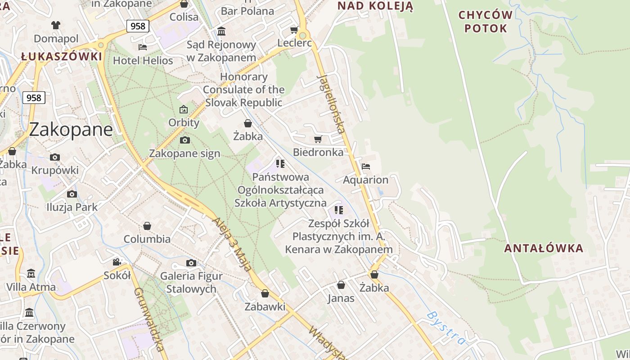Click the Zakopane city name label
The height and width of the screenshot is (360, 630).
71,130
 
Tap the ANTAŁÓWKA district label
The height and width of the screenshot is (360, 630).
543,248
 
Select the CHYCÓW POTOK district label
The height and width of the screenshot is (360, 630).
486,22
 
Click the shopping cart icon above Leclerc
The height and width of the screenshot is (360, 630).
294,30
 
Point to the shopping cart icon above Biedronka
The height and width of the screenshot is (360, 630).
318,139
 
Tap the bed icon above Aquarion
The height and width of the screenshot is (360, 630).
365,166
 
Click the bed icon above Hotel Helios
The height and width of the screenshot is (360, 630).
143,47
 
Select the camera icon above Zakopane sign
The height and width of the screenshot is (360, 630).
184,140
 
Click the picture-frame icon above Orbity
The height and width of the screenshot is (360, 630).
184,109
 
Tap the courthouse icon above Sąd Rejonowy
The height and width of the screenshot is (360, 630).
221,31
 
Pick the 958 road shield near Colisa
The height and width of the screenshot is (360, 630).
138,26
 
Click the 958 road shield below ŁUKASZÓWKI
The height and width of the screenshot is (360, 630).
34,98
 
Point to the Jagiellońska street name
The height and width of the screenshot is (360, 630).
332,103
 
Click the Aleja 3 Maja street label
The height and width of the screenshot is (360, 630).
232,244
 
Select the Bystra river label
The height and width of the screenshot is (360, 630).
445,327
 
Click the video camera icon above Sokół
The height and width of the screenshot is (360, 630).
117,262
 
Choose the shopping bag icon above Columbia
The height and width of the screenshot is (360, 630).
147,225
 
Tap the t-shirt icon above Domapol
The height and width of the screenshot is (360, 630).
56,25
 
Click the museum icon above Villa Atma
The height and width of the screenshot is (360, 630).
31,273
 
